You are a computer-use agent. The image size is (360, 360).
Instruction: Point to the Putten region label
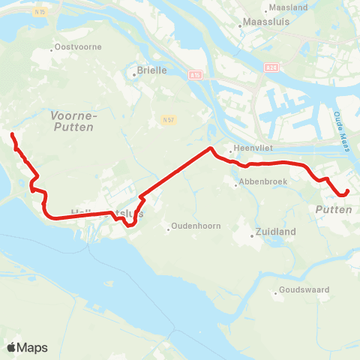pyautogui.click(x=334, y=210)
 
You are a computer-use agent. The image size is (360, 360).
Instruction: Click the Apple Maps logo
pyautogui.click(x=27, y=347)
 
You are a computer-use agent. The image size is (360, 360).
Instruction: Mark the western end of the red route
pyautogui.click(x=12, y=135)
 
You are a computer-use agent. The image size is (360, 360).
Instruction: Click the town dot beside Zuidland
pyautogui.click(x=251, y=232)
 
